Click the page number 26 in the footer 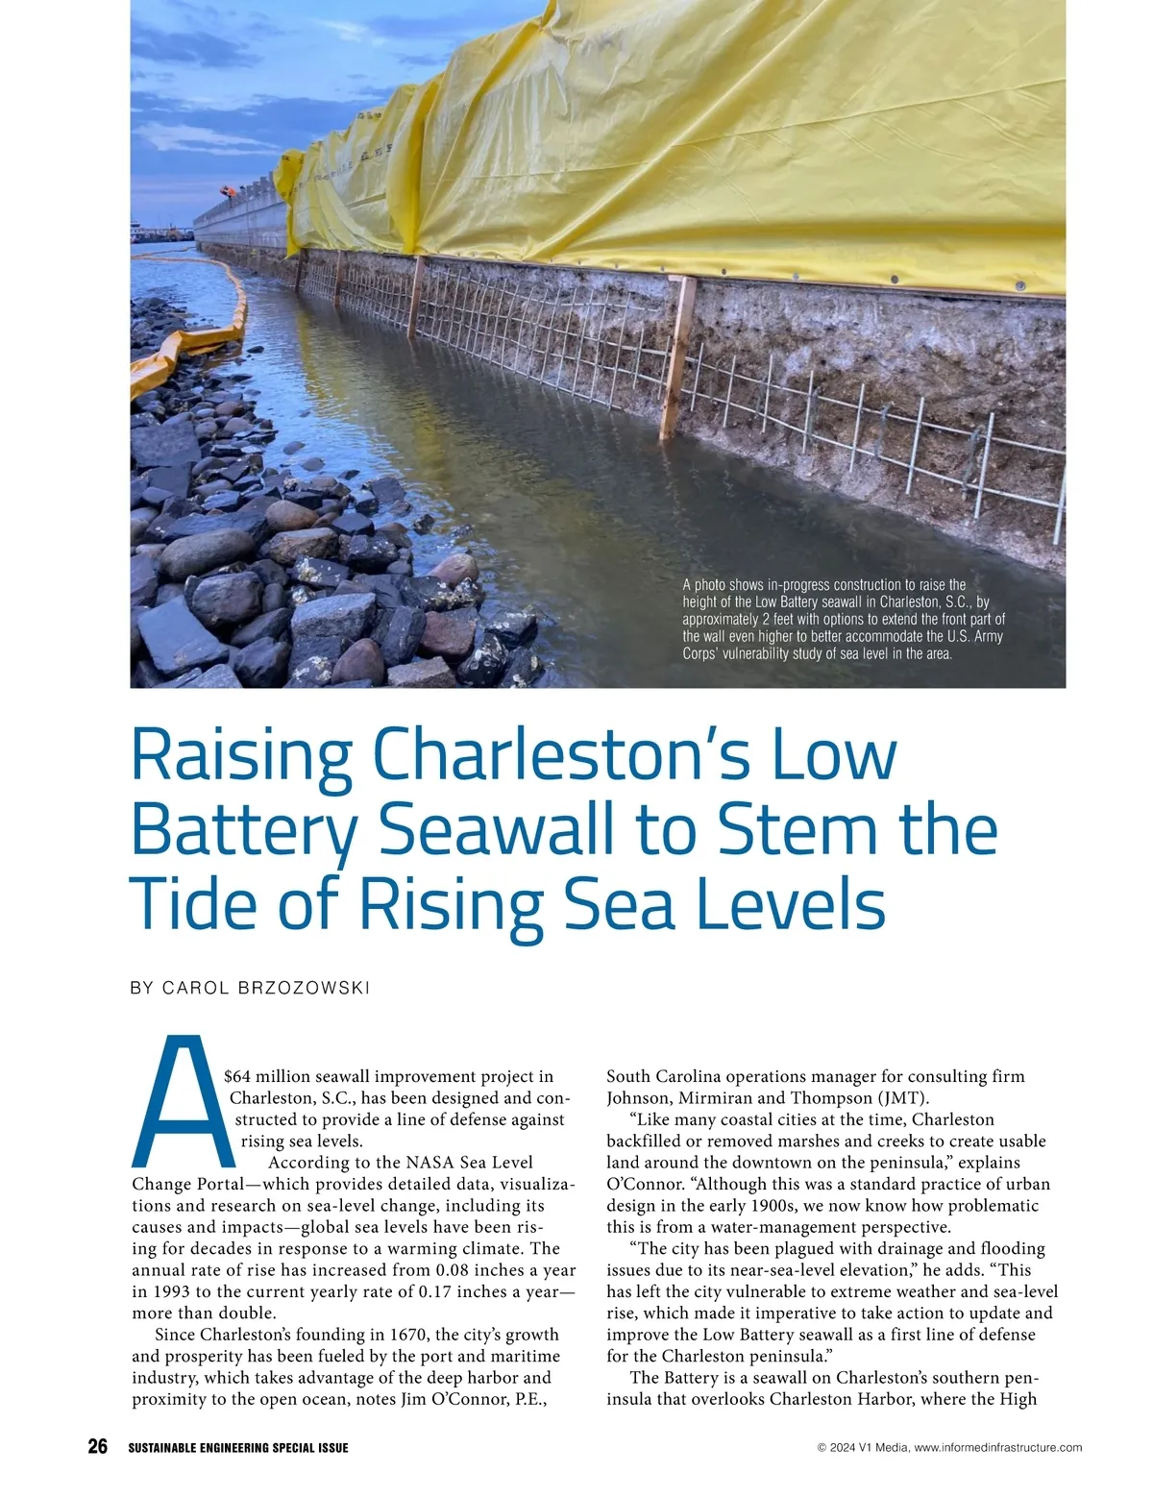(97, 1447)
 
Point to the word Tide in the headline (190, 904)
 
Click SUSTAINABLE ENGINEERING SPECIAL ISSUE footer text (238, 1448)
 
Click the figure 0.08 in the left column (457, 1270)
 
